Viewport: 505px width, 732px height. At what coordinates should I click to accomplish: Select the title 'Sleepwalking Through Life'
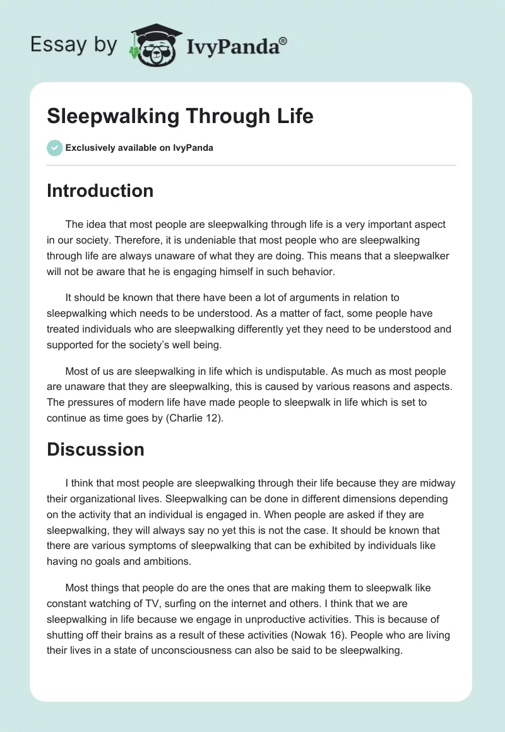pyautogui.click(x=180, y=116)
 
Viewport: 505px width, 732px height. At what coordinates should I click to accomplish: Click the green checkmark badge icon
pyautogui.click(x=54, y=148)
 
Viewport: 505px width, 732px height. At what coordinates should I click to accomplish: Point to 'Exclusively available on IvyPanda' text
pyautogui.click(x=140, y=148)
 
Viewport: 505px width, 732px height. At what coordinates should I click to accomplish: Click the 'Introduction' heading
pyautogui.click(x=100, y=191)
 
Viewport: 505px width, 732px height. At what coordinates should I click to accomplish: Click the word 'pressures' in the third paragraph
pyautogui.click(x=88, y=401)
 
